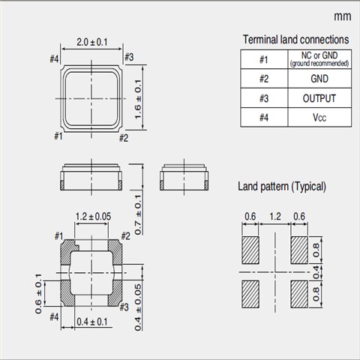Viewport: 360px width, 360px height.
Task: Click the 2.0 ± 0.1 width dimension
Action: coord(92,42)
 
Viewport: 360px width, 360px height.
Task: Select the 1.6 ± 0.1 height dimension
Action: coord(138,99)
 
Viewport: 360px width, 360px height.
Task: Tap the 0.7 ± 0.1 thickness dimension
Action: coord(138,214)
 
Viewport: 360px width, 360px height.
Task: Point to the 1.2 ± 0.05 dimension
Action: coord(93,217)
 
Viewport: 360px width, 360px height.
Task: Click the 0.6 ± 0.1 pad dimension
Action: coord(38,293)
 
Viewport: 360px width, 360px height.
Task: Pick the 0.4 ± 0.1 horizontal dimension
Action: coord(92,322)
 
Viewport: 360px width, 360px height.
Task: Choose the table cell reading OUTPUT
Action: coord(319,98)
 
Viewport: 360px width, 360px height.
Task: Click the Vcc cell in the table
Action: coord(319,118)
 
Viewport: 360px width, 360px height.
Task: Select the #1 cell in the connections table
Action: coord(264,59)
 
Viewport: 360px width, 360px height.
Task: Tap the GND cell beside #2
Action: coord(319,79)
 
